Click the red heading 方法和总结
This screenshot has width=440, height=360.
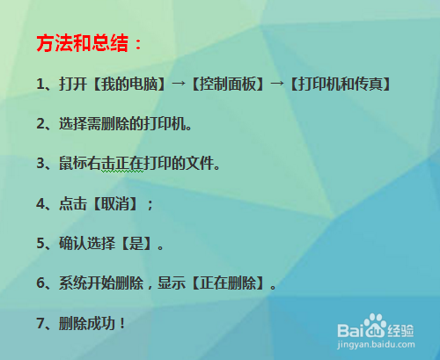pyautogui.click(x=89, y=42)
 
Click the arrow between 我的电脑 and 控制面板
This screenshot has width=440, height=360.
pyautogui.click(x=180, y=84)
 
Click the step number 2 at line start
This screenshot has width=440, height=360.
pyautogui.click(x=40, y=124)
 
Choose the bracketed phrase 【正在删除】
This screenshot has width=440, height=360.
pyautogui.click(x=233, y=283)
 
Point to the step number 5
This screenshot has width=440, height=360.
pyautogui.click(x=40, y=243)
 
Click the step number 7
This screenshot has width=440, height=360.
pyautogui.click(x=40, y=323)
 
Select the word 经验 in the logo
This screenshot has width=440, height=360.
pyautogui.click(x=401, y=330)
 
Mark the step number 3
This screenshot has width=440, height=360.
pyautogui.click(x=40, y=164)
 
